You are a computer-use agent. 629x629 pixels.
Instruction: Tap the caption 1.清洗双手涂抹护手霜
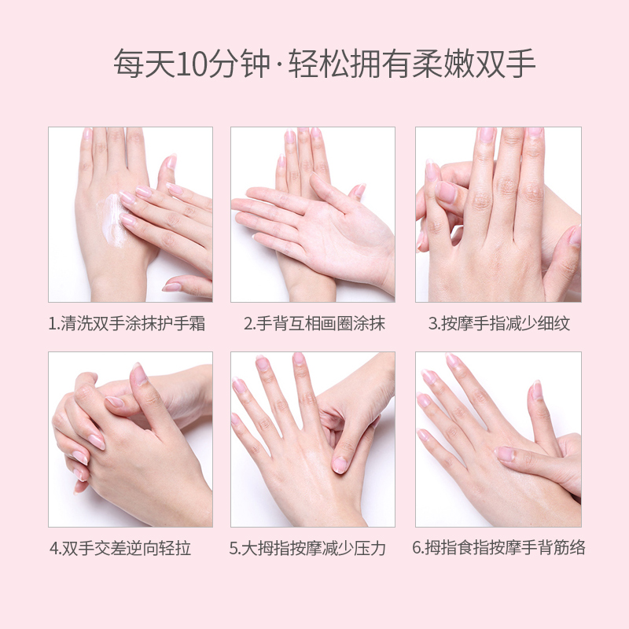127,324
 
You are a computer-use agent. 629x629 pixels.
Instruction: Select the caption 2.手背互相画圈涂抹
314,324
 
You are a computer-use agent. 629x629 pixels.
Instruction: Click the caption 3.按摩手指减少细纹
498,324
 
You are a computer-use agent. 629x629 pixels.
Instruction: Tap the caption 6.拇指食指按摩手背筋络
498,549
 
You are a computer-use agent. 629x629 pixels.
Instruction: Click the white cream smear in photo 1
109,215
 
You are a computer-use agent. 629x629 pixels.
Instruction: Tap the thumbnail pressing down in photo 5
340,464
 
